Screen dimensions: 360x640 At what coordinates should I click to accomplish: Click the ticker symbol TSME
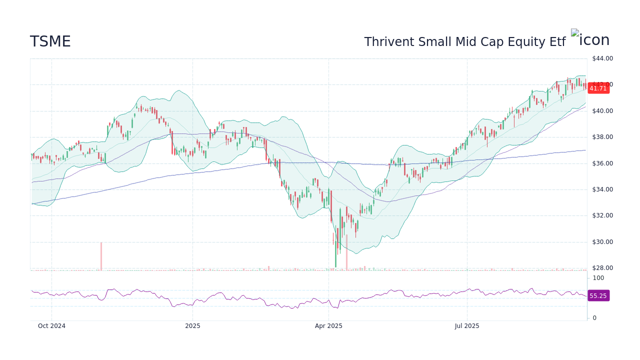point(50,41)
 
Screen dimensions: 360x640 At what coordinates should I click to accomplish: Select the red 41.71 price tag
point(598,88)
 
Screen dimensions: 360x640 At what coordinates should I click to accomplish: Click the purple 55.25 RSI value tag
point(598,296)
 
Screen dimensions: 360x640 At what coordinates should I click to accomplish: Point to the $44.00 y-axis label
point(602,58)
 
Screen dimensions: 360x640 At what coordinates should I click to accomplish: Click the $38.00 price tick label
point(602,137)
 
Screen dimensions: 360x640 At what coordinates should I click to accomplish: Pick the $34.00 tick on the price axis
point(602,189)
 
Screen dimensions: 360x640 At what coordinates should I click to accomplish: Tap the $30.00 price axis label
point(602,242)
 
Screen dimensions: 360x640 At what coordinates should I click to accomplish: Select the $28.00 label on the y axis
point(602,268)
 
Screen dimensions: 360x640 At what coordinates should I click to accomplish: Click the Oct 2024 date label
point(51,326)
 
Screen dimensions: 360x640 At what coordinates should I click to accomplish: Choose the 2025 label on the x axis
point(192,326)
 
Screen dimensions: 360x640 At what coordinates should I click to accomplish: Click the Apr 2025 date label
point(328,326)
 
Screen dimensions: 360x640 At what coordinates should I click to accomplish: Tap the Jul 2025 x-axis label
point(467,326)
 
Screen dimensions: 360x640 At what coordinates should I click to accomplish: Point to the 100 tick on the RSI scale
point(598,278)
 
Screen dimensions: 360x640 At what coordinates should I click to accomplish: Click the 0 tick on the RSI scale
point(594,318)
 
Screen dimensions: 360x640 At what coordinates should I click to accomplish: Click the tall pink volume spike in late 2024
point(101,256)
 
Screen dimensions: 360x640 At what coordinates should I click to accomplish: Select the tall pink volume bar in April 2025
point(346,252)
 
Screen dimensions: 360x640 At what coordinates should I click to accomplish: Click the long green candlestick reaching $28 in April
point(335,250)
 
